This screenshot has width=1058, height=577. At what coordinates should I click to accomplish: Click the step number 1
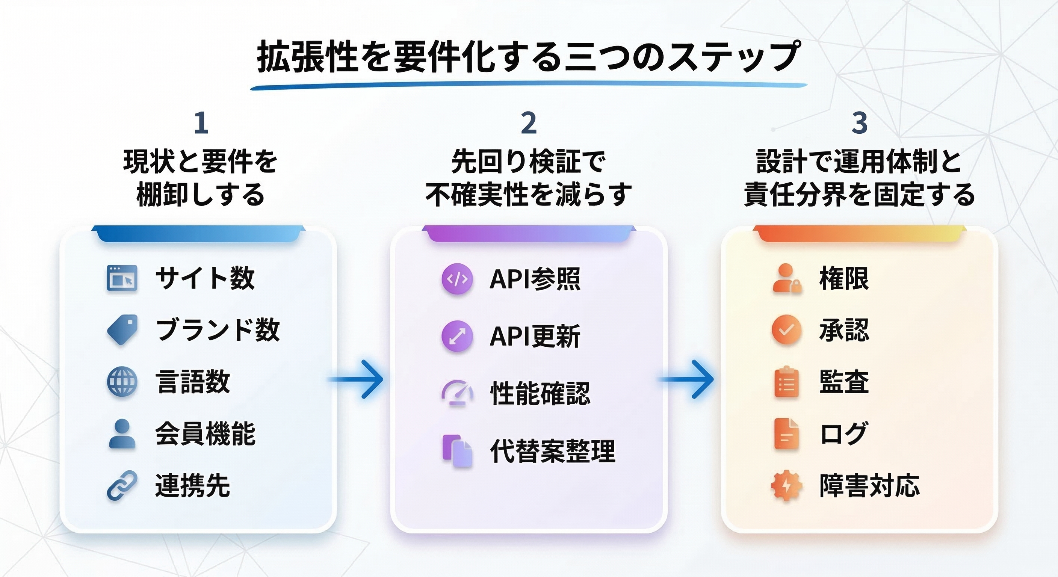pyautogui.click(x=201, y=123)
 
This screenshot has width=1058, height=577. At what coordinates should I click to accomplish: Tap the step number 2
pyautogui.click(x=529, y=123)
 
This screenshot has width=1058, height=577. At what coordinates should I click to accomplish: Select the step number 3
pyautogui.click(x=859, y=123)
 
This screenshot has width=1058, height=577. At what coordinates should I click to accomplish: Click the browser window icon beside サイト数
pyautogui.click(x=122, y=278)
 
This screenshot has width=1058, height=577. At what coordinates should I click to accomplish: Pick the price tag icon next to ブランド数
pyautogui.click(x=122, y=330)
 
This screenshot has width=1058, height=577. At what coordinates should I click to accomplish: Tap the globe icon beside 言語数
pyautogui.click(x=122, y=382)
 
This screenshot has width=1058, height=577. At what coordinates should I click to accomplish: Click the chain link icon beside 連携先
pyautogui.click(x=122, y=486)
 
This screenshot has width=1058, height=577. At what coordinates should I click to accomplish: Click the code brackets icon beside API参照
pyautogui.click(x=457, y=279)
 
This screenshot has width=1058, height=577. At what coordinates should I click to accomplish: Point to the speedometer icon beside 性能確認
pyautogui.click(x=457, y=393)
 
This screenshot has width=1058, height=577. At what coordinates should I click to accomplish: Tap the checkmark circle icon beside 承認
pyautogui.click(x=786, y=330)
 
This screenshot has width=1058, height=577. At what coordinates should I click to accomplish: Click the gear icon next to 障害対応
pyautogui.click(x=786, y=486)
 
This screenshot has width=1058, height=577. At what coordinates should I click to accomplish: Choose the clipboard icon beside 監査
pyautogui.click(x=786, y=382)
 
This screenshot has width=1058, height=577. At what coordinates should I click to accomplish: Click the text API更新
pyautogui.click(x=535, y=336)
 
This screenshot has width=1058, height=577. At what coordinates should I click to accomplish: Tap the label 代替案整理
pyautogui.click(x=553, y=451)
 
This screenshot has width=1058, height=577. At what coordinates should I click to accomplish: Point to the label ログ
pyautogui.click(x=843, y=434)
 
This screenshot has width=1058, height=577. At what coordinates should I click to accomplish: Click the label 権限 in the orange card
pyautogui.click(x=844, y=279)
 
